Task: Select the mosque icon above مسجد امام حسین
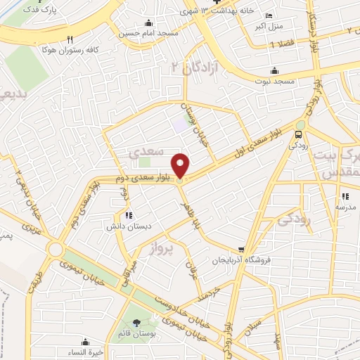point(148,22)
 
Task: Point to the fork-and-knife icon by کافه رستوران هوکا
point(69,39)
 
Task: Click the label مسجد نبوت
point(274,82)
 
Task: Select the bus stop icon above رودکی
point(300,134)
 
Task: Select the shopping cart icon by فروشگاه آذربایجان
point(242,249)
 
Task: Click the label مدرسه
point(345,207)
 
